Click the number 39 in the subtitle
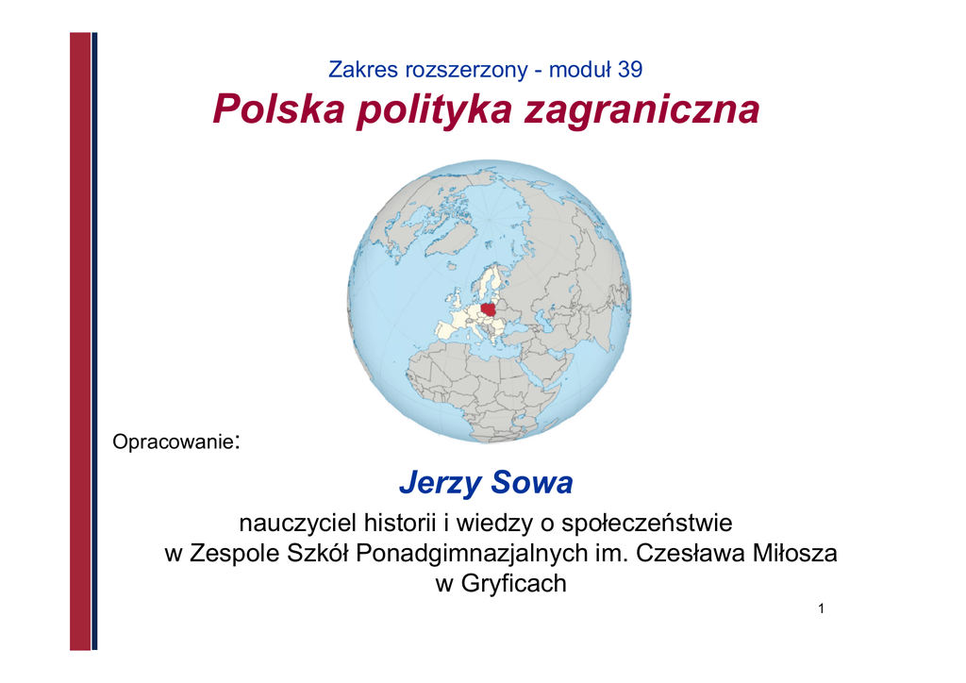(x=630, y=70)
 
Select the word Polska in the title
(x=278, y=109)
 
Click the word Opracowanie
(x=174, y=441)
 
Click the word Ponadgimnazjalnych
(x=472, y=553)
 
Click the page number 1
(x=822, y=608)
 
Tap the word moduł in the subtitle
(x=580, y=70)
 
